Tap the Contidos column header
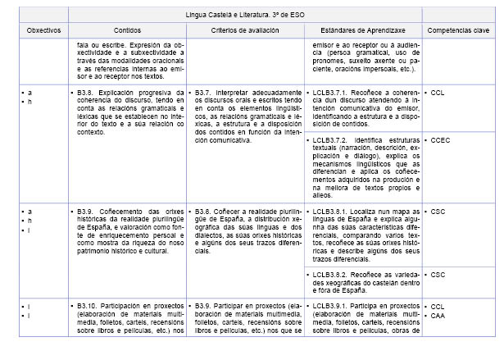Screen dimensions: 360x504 pos(128,29)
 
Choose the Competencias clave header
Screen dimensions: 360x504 pos(459,29)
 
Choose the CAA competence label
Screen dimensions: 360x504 pos(438,314)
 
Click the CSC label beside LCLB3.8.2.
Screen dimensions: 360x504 pos(438,275)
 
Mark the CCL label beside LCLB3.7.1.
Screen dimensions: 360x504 pos(438,93)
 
